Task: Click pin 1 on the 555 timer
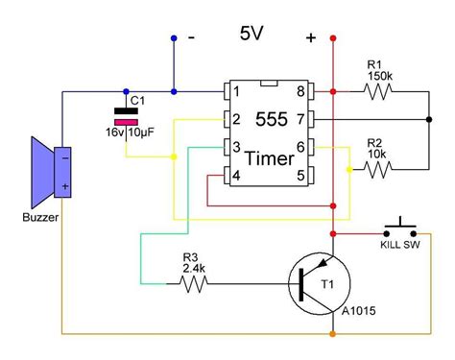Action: click(x=231, y=93)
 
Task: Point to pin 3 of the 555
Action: click(x=231, y=148)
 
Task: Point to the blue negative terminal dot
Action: click(x=174, y=39)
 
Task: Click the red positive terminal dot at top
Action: click(x=333, y=39)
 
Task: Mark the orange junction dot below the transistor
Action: click(x=333, y=334)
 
